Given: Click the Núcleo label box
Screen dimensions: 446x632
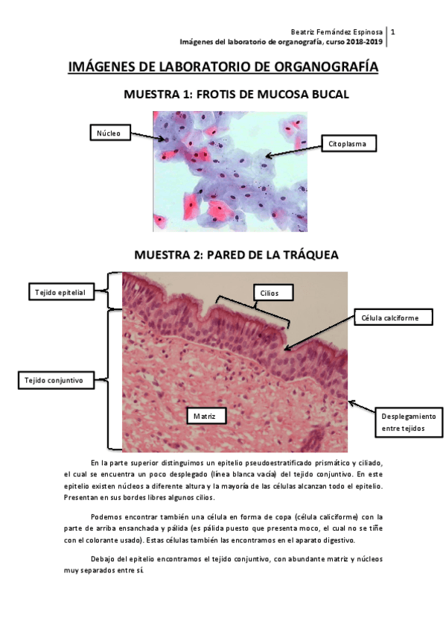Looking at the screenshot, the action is (x=109, y=133).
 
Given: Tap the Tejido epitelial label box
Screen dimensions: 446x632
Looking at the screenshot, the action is (x=60, y=292).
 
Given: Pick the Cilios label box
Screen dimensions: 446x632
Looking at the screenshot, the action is (x=270, y=293).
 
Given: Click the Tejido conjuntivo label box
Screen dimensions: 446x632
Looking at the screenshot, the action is (x=60, y=380).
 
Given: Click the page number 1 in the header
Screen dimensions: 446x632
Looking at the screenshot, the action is (x=392, y=33).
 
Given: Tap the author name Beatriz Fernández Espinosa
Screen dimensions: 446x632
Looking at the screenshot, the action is (x=337, y=33).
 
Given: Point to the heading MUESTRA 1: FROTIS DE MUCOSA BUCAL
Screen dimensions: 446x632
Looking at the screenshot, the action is (x=236, y=95).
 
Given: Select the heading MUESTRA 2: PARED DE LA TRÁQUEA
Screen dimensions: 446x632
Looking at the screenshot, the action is (x=236, y=255).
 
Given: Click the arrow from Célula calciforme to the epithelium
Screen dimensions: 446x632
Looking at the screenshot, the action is (x=319, y=331).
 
